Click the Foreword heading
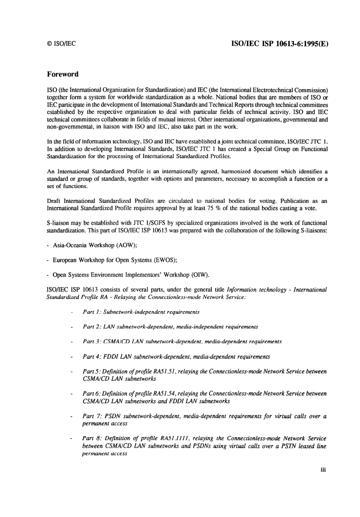point(63,74)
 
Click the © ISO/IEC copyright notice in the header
point(61,44)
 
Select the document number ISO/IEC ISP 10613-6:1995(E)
point(279,43)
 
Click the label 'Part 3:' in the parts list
point(92,342)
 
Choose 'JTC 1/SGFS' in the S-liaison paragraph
point(146,223)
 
